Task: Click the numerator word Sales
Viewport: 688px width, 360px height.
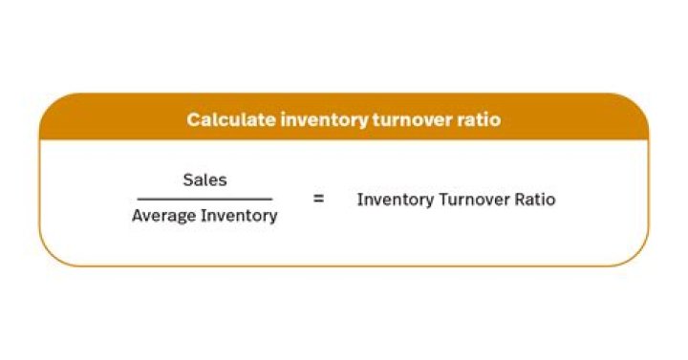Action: click(x=204, y=180)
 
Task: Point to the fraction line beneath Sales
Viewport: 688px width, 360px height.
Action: click(x=204, y=199)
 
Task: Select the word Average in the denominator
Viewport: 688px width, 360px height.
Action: click(x=161, y=216)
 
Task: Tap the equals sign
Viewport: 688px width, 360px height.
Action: click(x=318, y=200)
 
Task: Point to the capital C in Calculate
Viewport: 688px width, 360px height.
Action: click(x=192, y=120)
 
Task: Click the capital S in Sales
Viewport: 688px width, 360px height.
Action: click(x=187, y=180)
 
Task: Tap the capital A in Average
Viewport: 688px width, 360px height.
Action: click(x=137, y=216)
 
